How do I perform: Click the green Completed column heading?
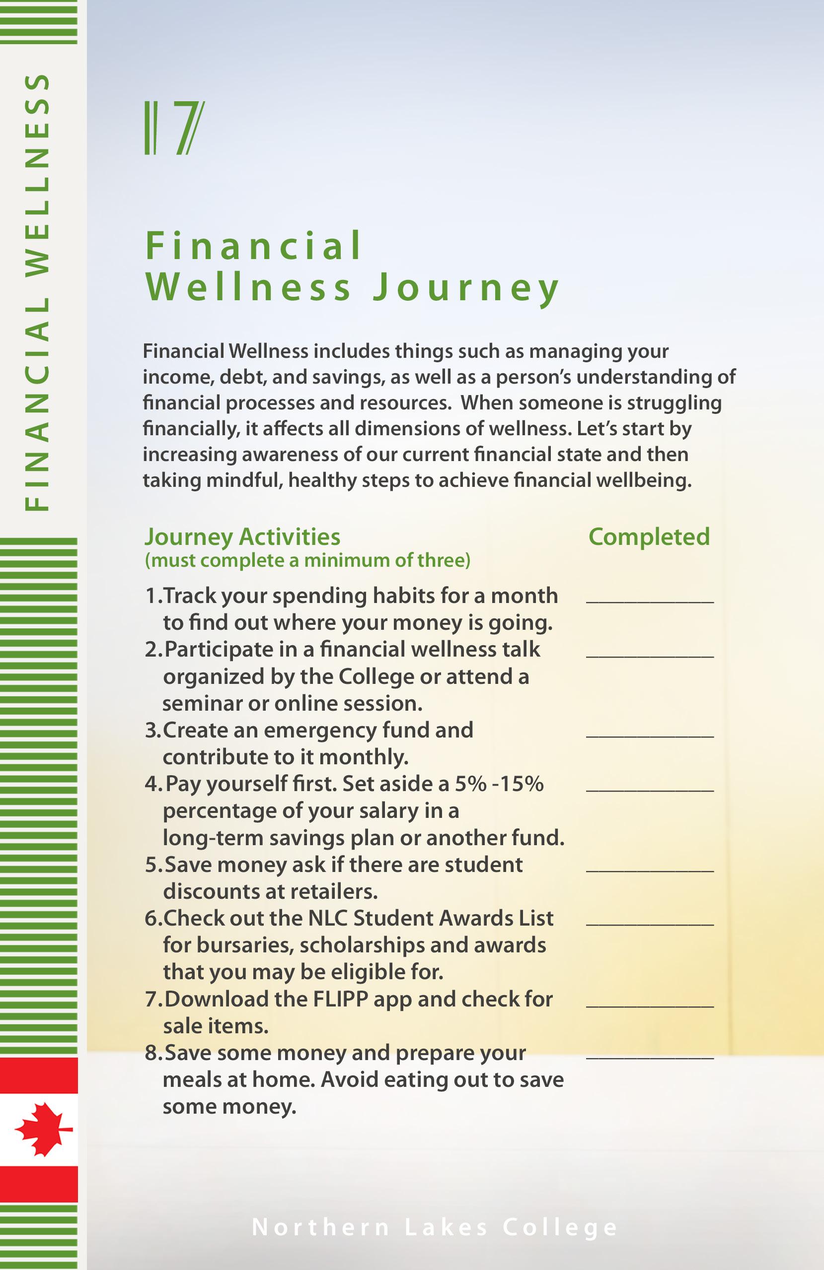(x=649, y=537)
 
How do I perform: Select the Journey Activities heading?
(x=242, y=537)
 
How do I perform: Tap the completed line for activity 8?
(x=649, y=1057)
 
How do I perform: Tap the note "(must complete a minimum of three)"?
(x=307, y=560)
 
